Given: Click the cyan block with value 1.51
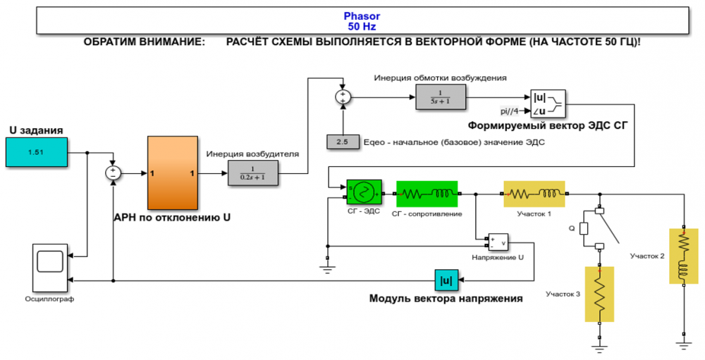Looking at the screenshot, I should [37, 152].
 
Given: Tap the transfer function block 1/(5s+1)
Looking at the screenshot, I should [441, 97].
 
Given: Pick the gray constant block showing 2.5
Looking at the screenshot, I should [343, 142].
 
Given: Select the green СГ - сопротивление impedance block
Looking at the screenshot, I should [427, 192].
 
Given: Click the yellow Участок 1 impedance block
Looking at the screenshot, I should [534, 192].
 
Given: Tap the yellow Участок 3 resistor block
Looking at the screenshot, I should [599, 293].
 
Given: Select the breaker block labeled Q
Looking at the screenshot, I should [584, 228].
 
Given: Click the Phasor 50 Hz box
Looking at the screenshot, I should [361, 21].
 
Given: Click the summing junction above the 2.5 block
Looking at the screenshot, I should [343, 97].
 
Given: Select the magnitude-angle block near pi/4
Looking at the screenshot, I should [546, 103].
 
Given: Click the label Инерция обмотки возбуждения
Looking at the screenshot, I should [441, 77].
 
